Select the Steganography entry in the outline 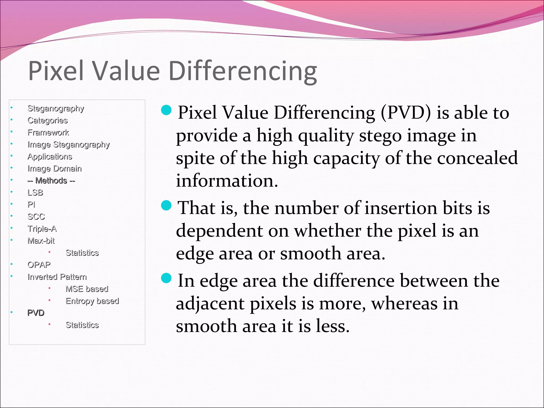56,108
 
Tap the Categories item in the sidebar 48,120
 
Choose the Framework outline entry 48,132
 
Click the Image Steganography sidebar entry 69,144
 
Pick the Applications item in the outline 50,156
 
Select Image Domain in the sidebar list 54,168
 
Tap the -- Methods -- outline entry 51,181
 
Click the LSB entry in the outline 35,193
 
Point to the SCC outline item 36,217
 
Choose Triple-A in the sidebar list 42,229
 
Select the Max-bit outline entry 41,241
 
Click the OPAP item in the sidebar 39,265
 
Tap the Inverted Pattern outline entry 57,277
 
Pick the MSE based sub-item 87,289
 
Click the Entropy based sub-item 92,301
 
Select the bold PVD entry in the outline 36,313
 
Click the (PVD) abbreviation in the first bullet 406,113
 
